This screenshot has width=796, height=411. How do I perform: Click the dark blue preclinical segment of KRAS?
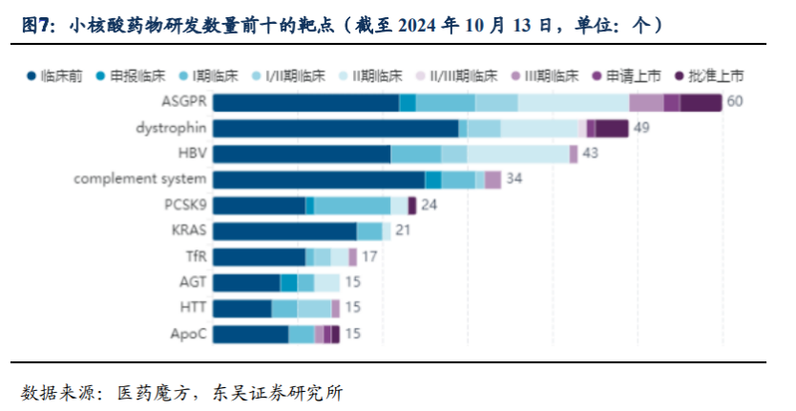coord(283,230)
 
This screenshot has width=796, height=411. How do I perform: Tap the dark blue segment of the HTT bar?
coord(241,308)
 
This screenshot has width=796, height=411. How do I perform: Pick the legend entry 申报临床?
coord(130,75)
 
